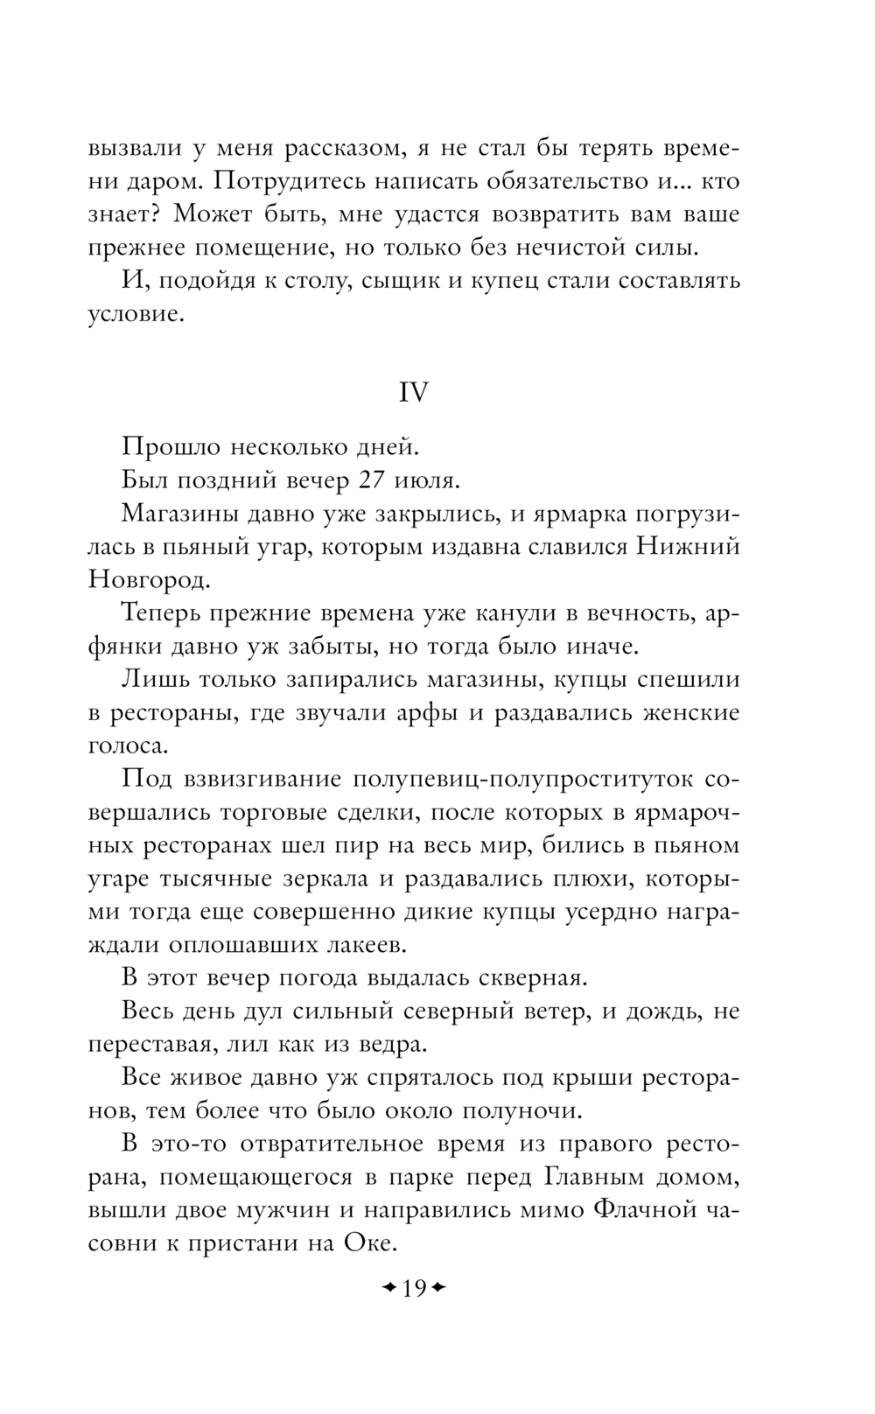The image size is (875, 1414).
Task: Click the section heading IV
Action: tap(414, 393)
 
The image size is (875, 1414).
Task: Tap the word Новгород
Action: tap(149, 579)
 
